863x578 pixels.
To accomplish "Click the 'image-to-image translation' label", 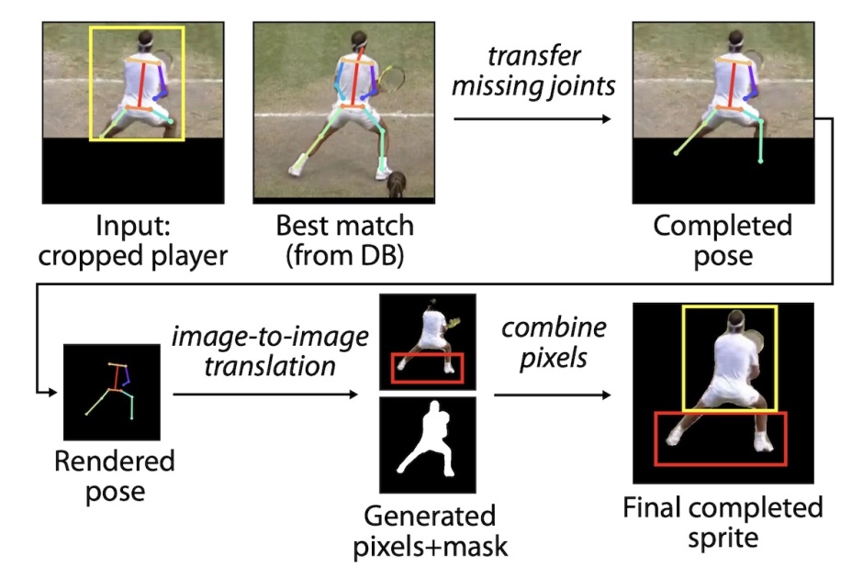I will pyautogui.click(x=271, y=352).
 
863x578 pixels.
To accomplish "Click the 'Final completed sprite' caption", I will pyautogui.click(x=723, y=522).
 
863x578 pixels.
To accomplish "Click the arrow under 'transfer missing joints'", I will pyautogui.click(x=532, y=119).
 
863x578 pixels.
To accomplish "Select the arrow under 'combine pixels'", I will pyautogui.click(x=552, y=395).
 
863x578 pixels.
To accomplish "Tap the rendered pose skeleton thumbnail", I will pyautogui.click(x=112, y=389).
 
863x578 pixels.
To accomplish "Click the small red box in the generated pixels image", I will pyautogui.click(x=428, y=367).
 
